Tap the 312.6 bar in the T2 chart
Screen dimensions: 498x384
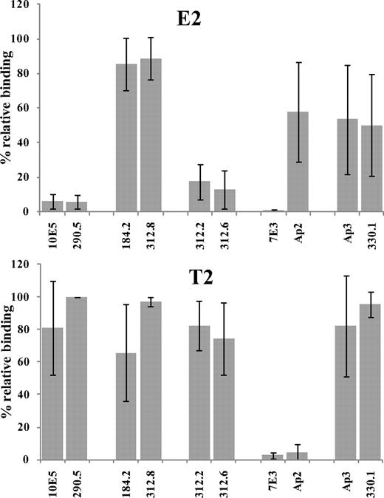[x=224, y=399]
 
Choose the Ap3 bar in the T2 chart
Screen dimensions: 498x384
[x=347, y=392]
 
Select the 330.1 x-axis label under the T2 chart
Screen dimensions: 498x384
[x=372, y=480]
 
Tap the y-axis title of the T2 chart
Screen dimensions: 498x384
[x=7, y=360]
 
